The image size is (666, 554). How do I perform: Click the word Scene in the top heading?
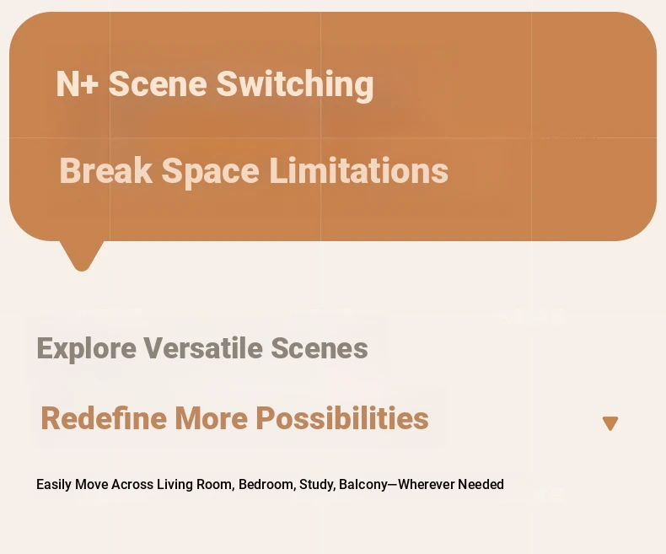click(158, 83)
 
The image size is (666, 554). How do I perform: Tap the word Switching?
click(295, 85)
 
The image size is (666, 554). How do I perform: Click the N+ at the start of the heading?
click(78, 83)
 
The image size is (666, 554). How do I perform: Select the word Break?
click(105, 170)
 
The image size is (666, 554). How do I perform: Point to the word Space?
click(210, 173)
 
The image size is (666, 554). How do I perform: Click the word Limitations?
click(359, 170)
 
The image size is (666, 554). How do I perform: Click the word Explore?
click(87, 349)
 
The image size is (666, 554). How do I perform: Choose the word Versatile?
click(203, 348)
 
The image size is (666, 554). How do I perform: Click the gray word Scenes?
click(320, 348)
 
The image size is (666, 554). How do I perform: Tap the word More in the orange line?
click(211, 418)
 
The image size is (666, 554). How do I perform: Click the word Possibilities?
click(342, 418)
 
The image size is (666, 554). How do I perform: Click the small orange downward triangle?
click(610, 423)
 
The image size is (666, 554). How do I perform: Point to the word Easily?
click(54, 485)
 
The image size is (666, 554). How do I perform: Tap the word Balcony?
click(363, 485)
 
